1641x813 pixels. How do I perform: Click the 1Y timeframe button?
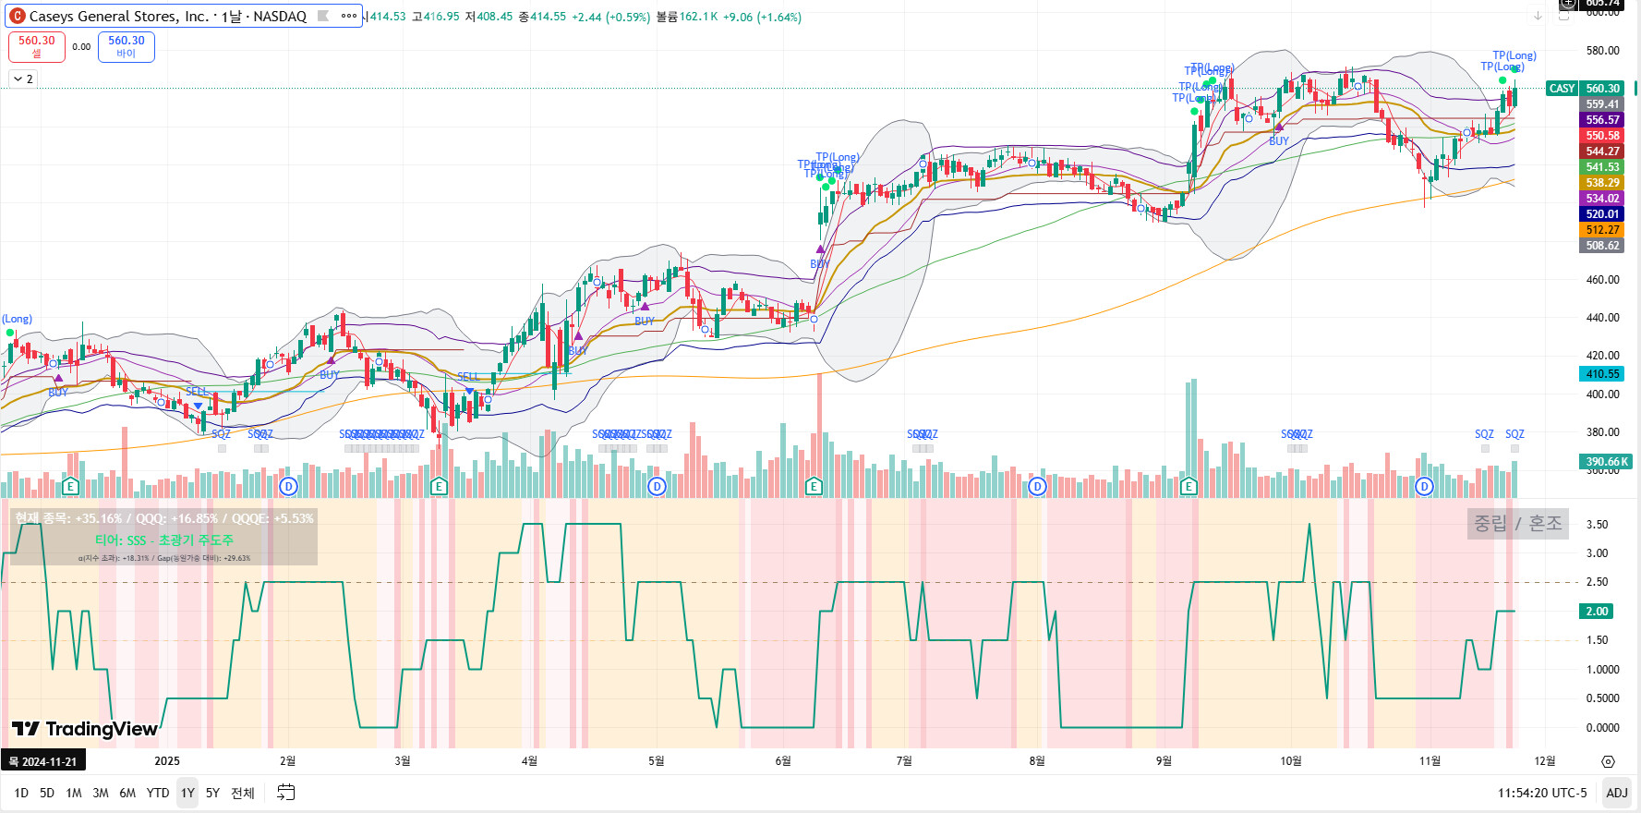click(187, 793)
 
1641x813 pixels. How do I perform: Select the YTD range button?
click(158, 793)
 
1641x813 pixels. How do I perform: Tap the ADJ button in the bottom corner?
click(1616, 793)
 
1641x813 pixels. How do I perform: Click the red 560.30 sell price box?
click(37, 46)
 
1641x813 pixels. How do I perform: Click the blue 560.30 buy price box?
click(127, 46)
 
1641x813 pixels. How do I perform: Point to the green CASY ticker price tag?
click(1562, 89)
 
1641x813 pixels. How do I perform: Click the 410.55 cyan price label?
click(1602, 374)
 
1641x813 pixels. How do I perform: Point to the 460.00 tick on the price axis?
click(1603, 280)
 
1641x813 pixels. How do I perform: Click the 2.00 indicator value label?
click(1597, 612)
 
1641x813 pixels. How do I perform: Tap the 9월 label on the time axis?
click(1164, 761)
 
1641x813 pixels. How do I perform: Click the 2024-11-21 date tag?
click(42, 761)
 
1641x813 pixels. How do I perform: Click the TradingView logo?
click(85, 729)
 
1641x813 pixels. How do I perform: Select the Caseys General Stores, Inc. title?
click(167, 17)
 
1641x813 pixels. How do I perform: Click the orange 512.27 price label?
click(1602, 230)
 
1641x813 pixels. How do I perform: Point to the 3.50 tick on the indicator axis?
click(1597, 525)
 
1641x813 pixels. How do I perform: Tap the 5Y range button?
click(212, 793)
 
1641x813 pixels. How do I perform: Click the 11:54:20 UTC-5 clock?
click(1542, 793)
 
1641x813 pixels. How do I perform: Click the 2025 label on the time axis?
click(167, 761)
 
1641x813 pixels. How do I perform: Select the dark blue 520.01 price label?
click(1602, 214)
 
